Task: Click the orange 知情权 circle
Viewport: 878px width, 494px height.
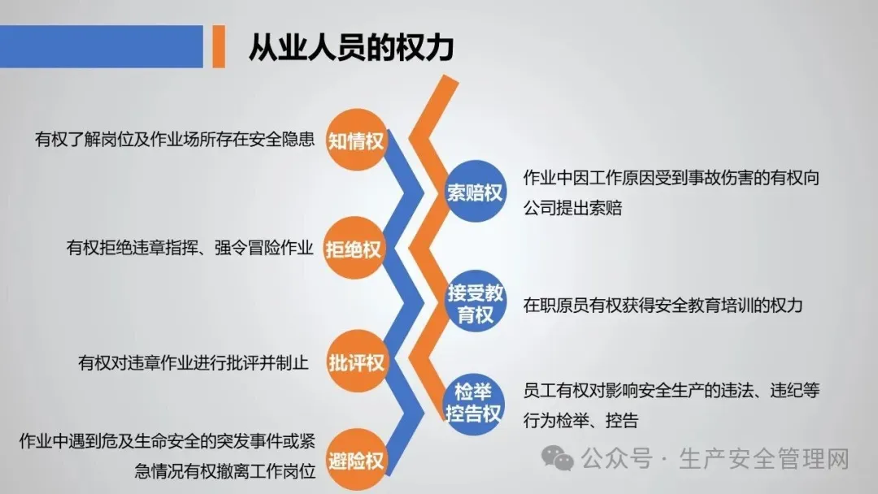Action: pyautogui.click(x=355, y=141)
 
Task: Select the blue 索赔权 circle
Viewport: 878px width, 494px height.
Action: pyautogui.click(x=475, y=193)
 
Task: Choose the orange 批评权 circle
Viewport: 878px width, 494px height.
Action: pyautogui.click(x=355, y=361)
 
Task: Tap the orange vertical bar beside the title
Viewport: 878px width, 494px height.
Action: pyautogui.click(x=218, y=46)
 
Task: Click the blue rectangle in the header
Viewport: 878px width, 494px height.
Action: pyautogui.click(x=101, y=46)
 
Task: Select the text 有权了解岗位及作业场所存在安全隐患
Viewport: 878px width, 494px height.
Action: pyautogui.click(x=174, y=140)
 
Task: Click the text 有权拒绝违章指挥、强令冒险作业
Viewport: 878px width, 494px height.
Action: pyautogui.click(x=189, y=248)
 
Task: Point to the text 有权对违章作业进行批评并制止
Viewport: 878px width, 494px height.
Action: pyautogui.click(x=193, y=362)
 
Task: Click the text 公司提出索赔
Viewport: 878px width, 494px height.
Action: pyautogui.click(x=573, y=207)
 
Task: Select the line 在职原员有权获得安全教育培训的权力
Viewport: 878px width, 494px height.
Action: pyautogui.click(x=663, y=305)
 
